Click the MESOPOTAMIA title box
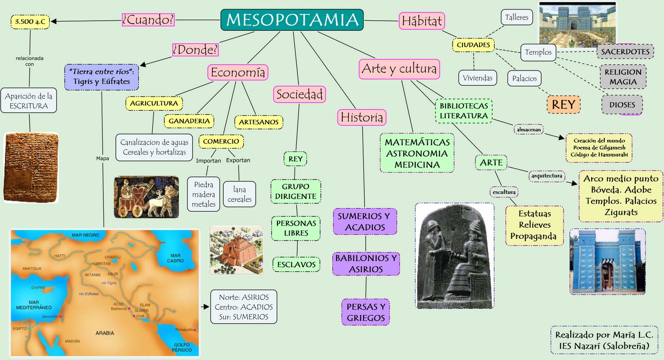point(292,20)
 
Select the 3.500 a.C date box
point(30,22)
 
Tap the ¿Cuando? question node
point(148,19)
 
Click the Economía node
point(238,72)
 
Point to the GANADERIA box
point(189,121)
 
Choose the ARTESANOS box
point(259,122)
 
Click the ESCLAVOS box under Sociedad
point(296,264)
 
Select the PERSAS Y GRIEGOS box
point(366,312)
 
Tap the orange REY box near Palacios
point(563,105)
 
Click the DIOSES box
point(622,105)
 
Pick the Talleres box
point(516,17)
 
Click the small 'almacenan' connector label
point(528,130)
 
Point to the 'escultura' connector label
point(504,192)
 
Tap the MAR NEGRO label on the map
point(85,235)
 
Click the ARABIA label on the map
point(105,333)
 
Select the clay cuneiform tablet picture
point(31,168)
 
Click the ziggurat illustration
point(236,250)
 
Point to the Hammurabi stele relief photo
point(455,256)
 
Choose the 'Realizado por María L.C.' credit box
point(604,340)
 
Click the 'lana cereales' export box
point(239,194)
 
